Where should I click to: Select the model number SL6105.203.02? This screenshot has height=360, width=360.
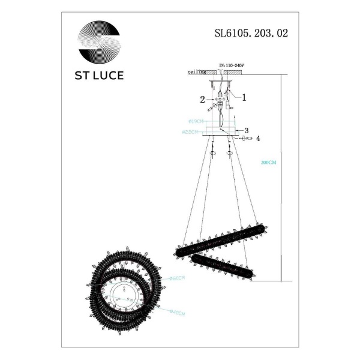tap(251, 34)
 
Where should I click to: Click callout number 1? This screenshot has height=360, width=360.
tap(244, 96)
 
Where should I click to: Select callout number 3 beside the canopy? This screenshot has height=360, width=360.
tap(246, 130)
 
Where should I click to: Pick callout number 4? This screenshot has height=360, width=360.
tap(257, 139)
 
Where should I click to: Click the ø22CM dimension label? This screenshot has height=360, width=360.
tap(190, 131)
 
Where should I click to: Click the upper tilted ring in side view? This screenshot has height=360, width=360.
tap(220, 239)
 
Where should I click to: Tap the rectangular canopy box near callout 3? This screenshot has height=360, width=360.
tap(220, 130)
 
